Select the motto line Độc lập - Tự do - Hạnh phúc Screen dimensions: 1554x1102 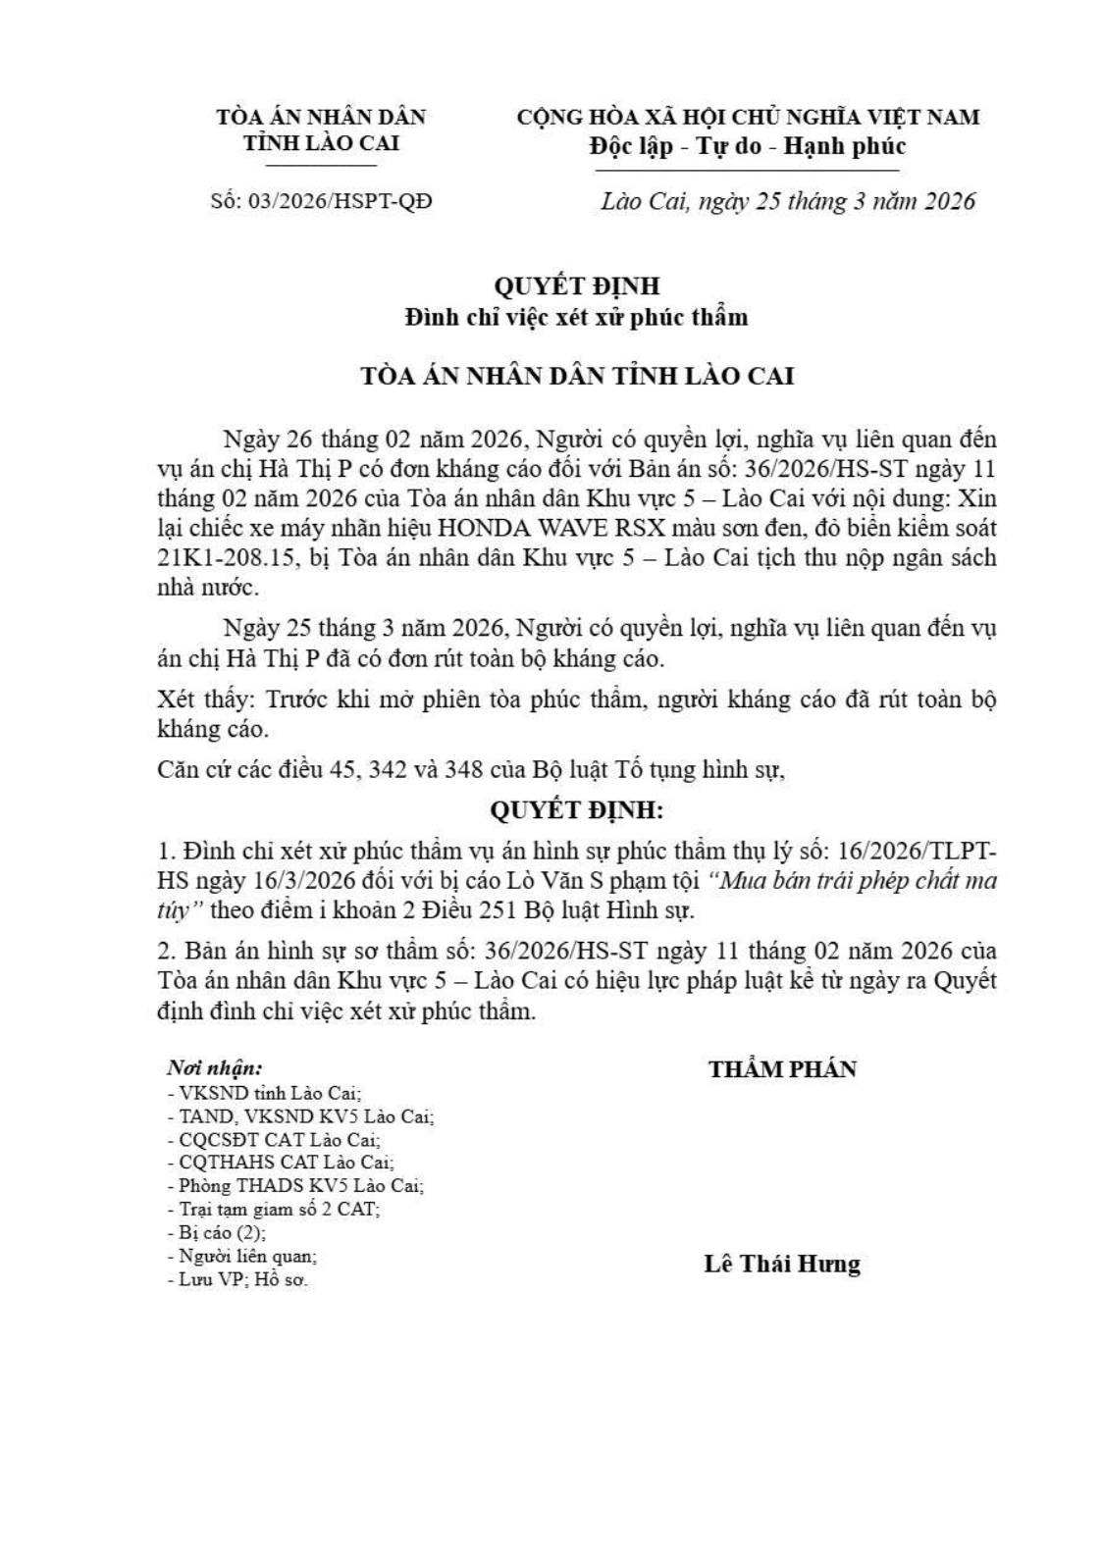pos(747,146)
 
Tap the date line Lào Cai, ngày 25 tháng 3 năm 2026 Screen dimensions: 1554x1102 pos(788,201)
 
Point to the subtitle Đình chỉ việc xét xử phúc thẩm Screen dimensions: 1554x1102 pos(577,317)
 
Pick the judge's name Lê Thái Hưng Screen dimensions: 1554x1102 pos(782,1263)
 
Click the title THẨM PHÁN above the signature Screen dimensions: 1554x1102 pos(782,1068)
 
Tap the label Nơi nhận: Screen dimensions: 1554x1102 pos(214,1068)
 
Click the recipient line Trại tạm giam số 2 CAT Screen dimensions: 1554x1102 pos(274,1209)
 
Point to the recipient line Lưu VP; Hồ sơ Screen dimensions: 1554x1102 pos(237,1279)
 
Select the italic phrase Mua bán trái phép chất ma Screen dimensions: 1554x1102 pos(860,880)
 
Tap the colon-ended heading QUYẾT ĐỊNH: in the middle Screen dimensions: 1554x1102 pos(576,810)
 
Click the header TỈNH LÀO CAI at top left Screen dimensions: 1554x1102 pos(321,142)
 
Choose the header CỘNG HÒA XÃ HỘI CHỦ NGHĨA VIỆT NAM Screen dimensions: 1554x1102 pos(748,118)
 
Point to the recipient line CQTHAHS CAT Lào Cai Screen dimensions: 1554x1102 pos(281,1162)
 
